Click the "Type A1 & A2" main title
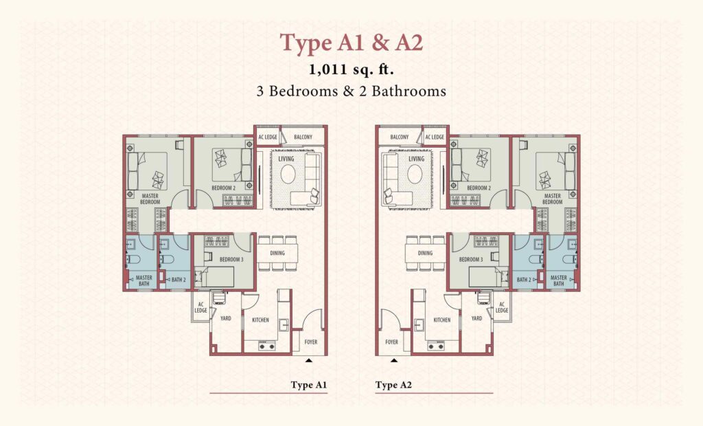pyautogui.click(x=351, y=43)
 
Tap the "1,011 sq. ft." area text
pyautogui.click(x=351, y=69)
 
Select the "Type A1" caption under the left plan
pyautogui.click(x=308, y=385)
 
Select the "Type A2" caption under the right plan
pyautogui.click(x=393, y=385)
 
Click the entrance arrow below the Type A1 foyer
pyautogui.click(x=309, y=360)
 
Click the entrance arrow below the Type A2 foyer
pyautogui.click(x=393, y=360)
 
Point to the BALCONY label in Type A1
pyautogui.click(x=303, y=137)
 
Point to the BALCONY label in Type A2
pyautogui.click(x=400, y=137)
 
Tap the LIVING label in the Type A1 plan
pyautogui.click(x=286, y=159)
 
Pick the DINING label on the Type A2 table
pyautogui.click(x=425, y=253)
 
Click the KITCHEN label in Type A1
pyautogui.click(x=260, y=320)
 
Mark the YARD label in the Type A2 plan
pyautogui.click(x=476, y=318)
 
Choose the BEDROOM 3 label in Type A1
pyautogui.click(x=231, y=260)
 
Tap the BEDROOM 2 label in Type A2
pyautogui.click(x=479, y=188)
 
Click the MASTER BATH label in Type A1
pyautogui.click(x=144, y=280)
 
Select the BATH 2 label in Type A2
pyautogui.click(x=524, y=280)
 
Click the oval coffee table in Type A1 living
pyautogui.click(x=288, y=174)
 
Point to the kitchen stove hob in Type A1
pyautogui.click(x=266, y=346)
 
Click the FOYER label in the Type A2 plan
pyautogui.click(x=391, y=342)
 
